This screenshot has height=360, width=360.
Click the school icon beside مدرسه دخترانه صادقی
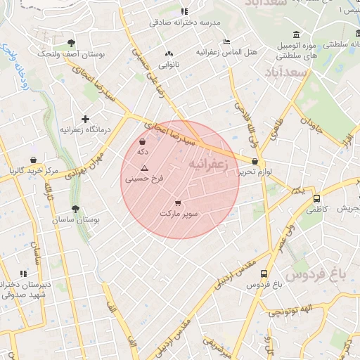(x=184, y=11)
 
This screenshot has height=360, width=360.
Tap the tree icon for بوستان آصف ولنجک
(x=71, y=43)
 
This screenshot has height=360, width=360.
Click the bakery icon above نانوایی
(x=168, y=54)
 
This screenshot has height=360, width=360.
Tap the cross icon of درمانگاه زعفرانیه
(x=86, y=120)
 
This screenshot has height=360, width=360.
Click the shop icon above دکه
(x=143, y=141)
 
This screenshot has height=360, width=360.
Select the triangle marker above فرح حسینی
(x=144, y=168)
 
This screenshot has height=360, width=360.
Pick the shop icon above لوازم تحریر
(x=255, y=161)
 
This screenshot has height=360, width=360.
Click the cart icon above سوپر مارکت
(x=186, y=202)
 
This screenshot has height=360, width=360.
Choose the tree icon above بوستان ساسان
(x=75, y=209)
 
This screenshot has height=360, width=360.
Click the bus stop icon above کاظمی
(x=316, y=198)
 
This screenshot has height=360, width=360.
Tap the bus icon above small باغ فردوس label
(x=264, y=274)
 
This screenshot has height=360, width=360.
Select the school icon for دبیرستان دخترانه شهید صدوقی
(x=24, y=273)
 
